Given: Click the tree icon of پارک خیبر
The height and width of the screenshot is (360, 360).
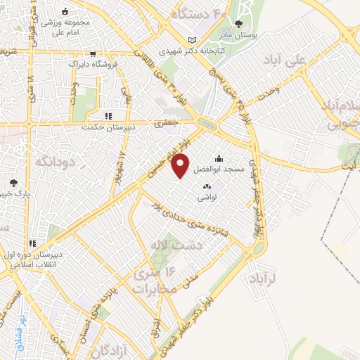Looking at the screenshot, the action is pyautogui.click(x=14, y=182).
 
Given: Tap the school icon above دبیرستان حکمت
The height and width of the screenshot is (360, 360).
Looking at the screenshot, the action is pyautogui.click(x=108, y=117).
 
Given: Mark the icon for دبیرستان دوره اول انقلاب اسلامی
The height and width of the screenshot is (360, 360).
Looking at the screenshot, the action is pyautogui.click(x=32, y=243).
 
